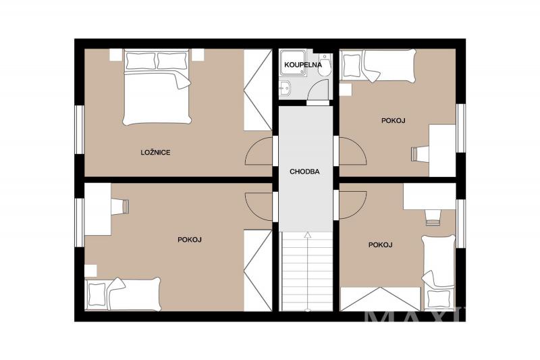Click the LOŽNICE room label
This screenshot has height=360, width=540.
tap(155, 152)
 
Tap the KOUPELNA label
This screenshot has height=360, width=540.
tap(303, 64)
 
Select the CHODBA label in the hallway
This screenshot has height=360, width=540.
tap(304, 172)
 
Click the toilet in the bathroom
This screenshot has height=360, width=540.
tap(325, 65)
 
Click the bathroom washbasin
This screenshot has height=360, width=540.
tap(285, 90)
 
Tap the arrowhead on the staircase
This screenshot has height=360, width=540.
tap(308, 235)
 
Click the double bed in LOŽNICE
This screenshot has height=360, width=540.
tap(157, 87)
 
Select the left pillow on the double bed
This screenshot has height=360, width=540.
tap(140, 60)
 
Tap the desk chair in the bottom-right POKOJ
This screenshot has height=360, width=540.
tap(433, 217)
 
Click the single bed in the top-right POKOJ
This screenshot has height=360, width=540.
tap(378, 66)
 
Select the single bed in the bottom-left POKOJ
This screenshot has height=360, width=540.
tap(123, 294)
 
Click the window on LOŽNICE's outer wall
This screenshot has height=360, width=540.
tap(80, 129)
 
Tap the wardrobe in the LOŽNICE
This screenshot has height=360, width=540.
tap(258, 90)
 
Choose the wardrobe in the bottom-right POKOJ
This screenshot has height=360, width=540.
tap(380, 299)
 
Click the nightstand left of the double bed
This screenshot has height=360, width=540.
tap(116, 55)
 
